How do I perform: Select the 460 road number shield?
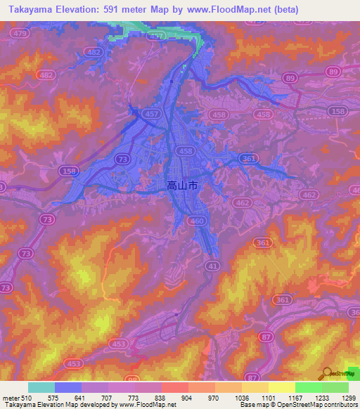point(198,221)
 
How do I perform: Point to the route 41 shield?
point(212,266)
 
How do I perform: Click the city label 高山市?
point(182,186)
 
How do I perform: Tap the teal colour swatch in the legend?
point(41,388)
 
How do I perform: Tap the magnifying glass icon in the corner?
point(328,374)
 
